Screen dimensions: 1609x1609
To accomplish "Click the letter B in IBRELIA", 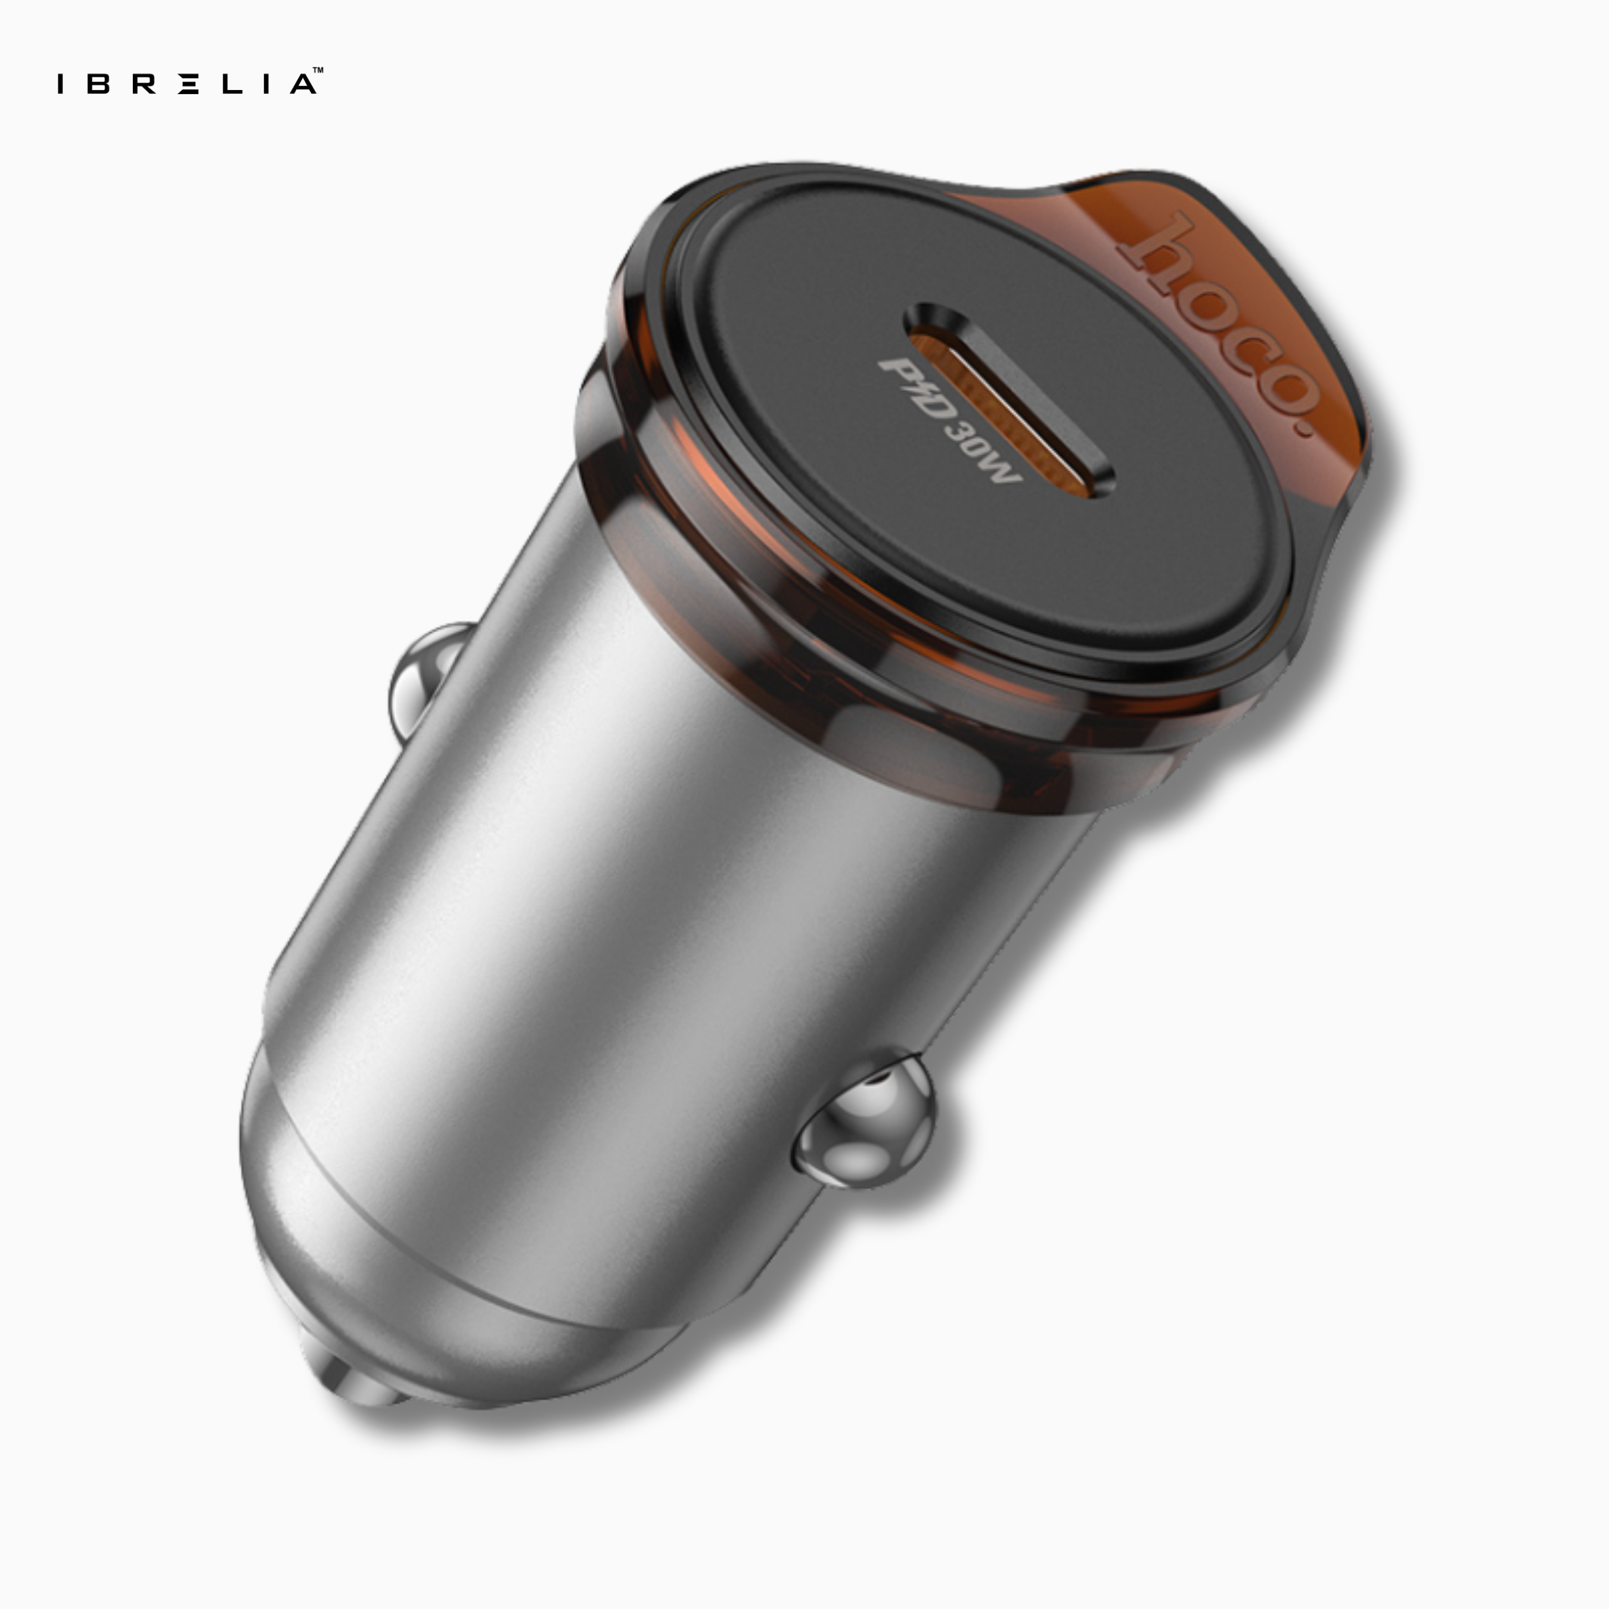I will coord(98,84).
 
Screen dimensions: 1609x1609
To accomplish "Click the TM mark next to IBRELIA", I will coord(318,71).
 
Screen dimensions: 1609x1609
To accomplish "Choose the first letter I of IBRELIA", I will coord(61,84).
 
